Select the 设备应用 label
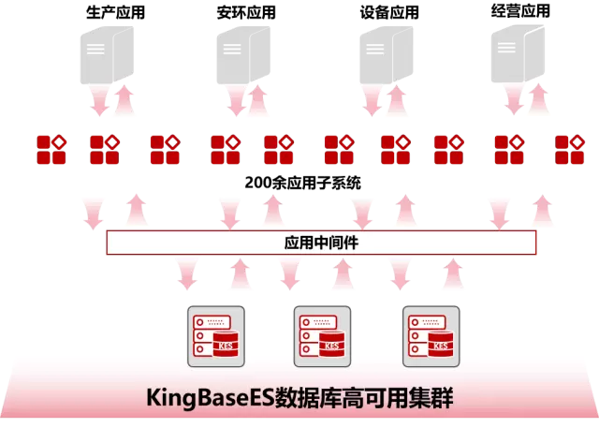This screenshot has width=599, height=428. pos(389,13)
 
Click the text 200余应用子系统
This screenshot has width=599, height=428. pos(301,184)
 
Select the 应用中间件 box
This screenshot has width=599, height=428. pos(321,242)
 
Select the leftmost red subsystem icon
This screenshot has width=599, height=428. pos(51,149)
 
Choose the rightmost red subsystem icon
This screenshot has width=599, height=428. pos(569,149)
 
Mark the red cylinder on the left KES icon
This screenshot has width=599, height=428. pos(226,345)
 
